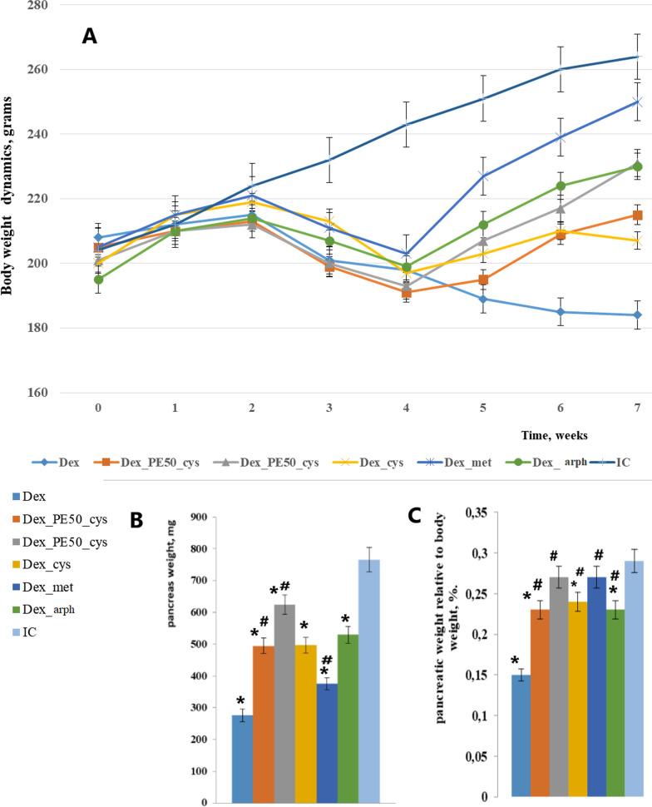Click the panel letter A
pyautogui.click(x=91, y=36)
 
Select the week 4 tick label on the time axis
pyautogui.click(x=405, y=408)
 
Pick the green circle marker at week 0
pyautogui.click(x=98, y=280)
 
